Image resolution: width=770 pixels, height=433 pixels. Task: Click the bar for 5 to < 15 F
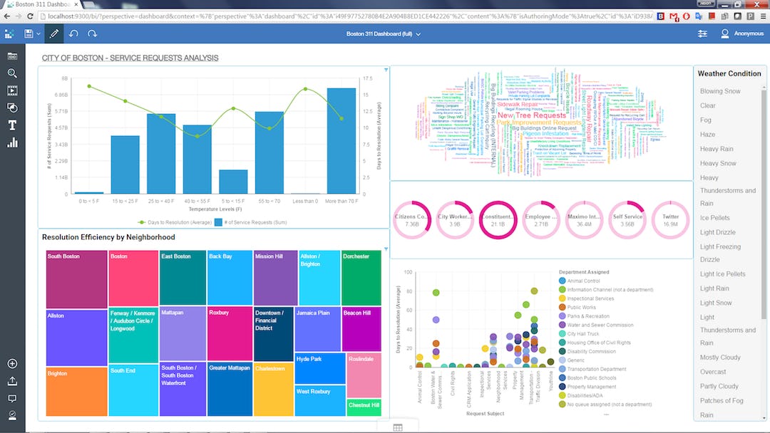pyautogui.click(x=233, y=182)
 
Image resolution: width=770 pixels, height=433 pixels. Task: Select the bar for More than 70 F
pyautogui.click(x=341, y=141)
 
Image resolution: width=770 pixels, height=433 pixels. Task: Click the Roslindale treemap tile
pyautogui.click(x=364, y=375)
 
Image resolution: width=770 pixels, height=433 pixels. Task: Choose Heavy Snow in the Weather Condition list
pyautogui.click(x=718, y=163)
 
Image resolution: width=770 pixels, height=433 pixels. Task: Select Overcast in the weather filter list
pyautogui.click(x=713, y=372)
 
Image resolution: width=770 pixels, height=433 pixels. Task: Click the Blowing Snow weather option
pyautogui.click(x=720, y=91)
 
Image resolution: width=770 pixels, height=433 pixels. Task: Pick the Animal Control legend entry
pyautogui.click(x=584, y=281)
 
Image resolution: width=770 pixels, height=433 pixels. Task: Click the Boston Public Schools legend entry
pyautogui.click(x=592, y=377)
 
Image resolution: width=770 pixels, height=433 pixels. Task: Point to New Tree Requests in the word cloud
pyautogui.click(x=531, y=115)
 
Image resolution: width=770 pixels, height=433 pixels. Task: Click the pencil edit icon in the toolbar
pyautogui.click(x=53, y=33)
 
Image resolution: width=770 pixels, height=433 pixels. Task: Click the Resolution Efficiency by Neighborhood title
pyautogui.click(x=108, y=237)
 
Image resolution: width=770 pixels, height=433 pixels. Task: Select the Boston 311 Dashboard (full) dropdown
pyautogui.click(x=384, y=33)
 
